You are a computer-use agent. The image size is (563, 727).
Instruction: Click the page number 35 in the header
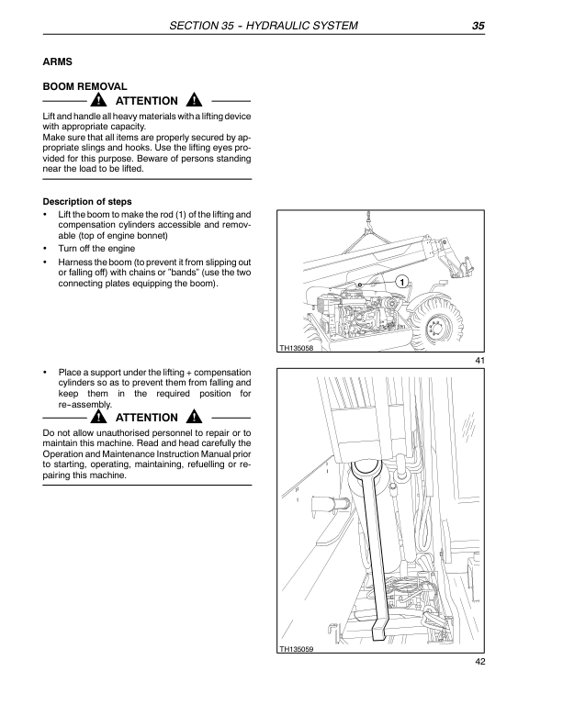[x=478, y=26]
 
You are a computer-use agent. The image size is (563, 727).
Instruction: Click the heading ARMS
[x=59, y=63]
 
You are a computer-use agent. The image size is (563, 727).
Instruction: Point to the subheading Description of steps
[x=87, y=202]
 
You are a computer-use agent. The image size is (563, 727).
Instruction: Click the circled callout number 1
[x=401, y=280]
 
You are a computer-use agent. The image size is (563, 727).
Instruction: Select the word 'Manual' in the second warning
[x=214, y=453]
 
